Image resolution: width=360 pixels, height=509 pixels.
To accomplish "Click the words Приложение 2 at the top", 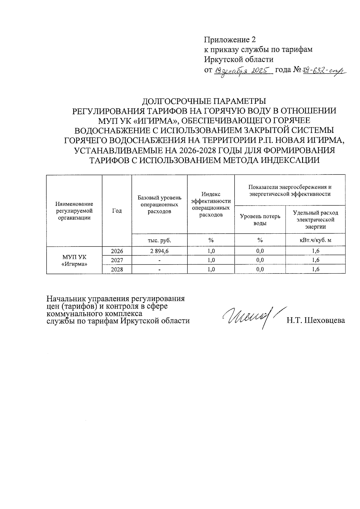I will pos(230,40).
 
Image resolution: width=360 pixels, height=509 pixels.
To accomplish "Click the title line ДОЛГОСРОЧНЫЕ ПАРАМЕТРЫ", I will pos(204,101).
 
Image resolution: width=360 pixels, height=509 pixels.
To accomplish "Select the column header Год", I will pos(117,211).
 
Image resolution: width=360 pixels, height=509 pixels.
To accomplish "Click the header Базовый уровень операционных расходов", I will pos(159,204).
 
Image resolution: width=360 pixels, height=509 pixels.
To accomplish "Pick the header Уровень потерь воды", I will pos(260,220).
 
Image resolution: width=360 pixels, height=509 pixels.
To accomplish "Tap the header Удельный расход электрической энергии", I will pos(315,220).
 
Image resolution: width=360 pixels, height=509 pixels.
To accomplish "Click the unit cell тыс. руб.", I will pos(159,240).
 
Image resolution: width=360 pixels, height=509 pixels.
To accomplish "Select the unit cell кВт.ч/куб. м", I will pos(315,240).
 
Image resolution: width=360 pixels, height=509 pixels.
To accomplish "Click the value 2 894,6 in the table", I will pos(159,251).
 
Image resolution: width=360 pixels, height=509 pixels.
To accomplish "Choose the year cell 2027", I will pos(117,260).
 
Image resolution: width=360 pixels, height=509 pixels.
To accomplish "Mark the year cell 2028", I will pos(117,269).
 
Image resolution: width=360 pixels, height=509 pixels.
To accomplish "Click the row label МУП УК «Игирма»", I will pos(74,260).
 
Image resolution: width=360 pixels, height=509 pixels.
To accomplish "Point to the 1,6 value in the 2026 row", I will pos(316,251).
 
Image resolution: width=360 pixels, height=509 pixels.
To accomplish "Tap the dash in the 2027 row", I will pos(160,260).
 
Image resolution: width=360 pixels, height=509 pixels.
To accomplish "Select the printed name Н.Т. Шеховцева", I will pos(316,320).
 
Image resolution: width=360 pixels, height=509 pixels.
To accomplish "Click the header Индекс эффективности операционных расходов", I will pos(211,204).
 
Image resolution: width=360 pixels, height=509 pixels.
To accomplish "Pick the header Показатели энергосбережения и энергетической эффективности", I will pos(290,190).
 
